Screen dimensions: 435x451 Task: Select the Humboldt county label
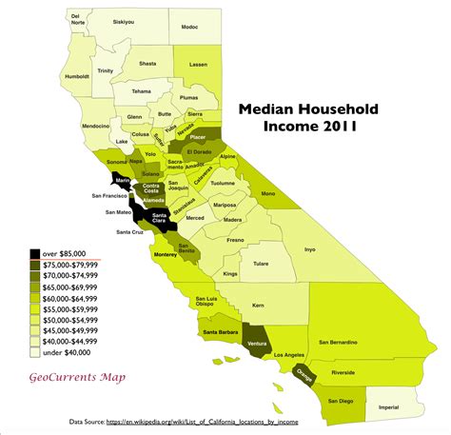(49, 76)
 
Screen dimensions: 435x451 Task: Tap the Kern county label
(258, 306)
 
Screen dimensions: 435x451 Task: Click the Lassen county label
(198, 65)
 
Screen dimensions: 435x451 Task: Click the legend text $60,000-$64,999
(74, 298)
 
